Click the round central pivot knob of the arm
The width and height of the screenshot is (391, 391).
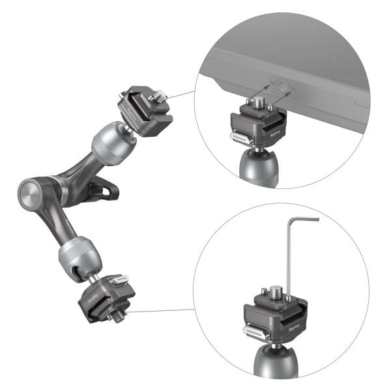(29, 193)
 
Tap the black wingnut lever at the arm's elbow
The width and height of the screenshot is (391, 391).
(104, 190)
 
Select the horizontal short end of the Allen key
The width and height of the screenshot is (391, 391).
(303, 220)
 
